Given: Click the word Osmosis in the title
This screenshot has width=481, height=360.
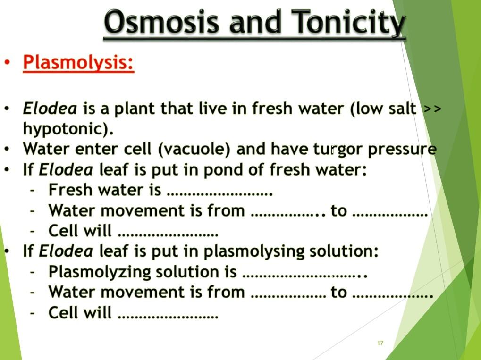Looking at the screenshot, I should click(x=160, y=23).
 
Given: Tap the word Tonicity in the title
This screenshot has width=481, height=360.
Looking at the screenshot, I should click(x=348, y=23).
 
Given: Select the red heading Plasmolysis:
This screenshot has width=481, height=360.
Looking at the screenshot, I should click(x=79, y=63).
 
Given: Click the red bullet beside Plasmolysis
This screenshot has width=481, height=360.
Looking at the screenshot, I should click(x=7, y=63).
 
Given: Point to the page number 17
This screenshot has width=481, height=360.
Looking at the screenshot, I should click(x=380, y=343).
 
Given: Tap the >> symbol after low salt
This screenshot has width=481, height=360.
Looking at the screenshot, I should click(x=432, y=109).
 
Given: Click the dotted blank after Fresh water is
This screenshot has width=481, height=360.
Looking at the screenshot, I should click(x=220, y=192).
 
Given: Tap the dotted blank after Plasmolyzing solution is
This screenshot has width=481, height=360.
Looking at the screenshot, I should click(x=305, y=273).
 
